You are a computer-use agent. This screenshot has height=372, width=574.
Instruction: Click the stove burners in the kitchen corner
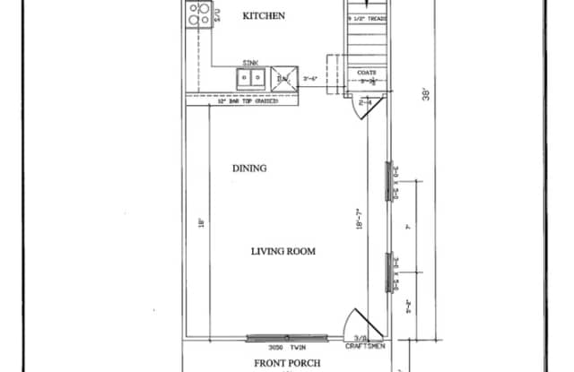click(x=199, y=13)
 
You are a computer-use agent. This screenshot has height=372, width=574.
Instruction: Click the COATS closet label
click(x=366, y=72)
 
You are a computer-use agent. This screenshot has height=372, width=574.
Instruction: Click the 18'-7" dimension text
click(x=358, y=221)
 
